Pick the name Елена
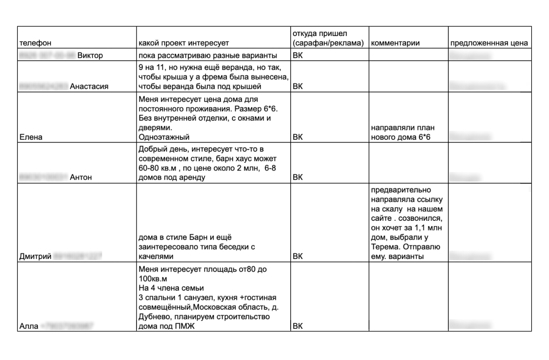click(x=28, y=137)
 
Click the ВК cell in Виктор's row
click(x=298, y=55)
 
